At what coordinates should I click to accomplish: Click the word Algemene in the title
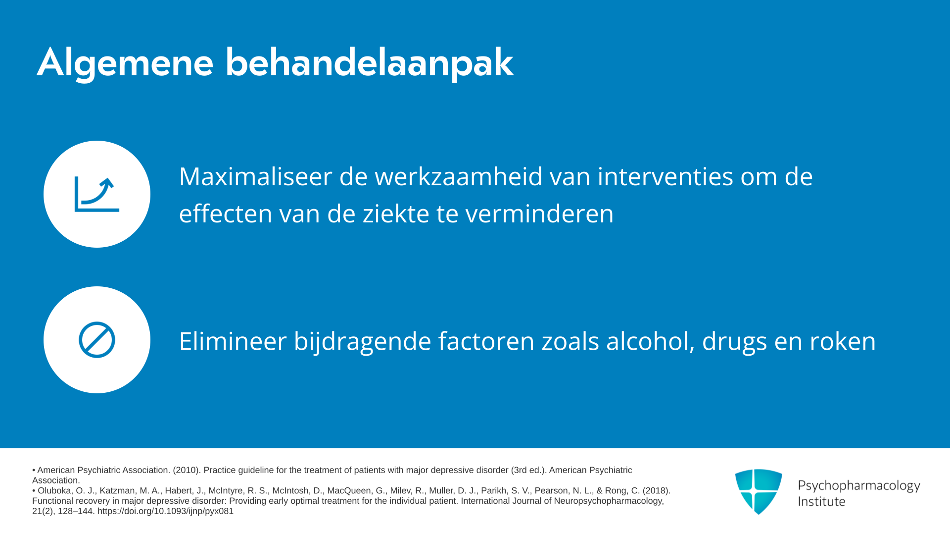125,63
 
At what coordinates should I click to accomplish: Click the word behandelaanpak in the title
370,63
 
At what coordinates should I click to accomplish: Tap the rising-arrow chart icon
97,194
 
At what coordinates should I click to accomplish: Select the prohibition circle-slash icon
97,340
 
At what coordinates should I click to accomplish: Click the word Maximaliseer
255,176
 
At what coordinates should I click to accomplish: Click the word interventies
665,176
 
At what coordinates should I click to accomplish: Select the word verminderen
539,214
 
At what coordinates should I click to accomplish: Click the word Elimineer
233,341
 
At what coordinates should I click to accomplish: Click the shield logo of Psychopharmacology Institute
759,491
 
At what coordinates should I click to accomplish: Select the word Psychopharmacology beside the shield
859,486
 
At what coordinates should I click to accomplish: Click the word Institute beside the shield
822,501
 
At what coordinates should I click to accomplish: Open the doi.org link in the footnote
165,511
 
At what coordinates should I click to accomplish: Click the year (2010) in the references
186,470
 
